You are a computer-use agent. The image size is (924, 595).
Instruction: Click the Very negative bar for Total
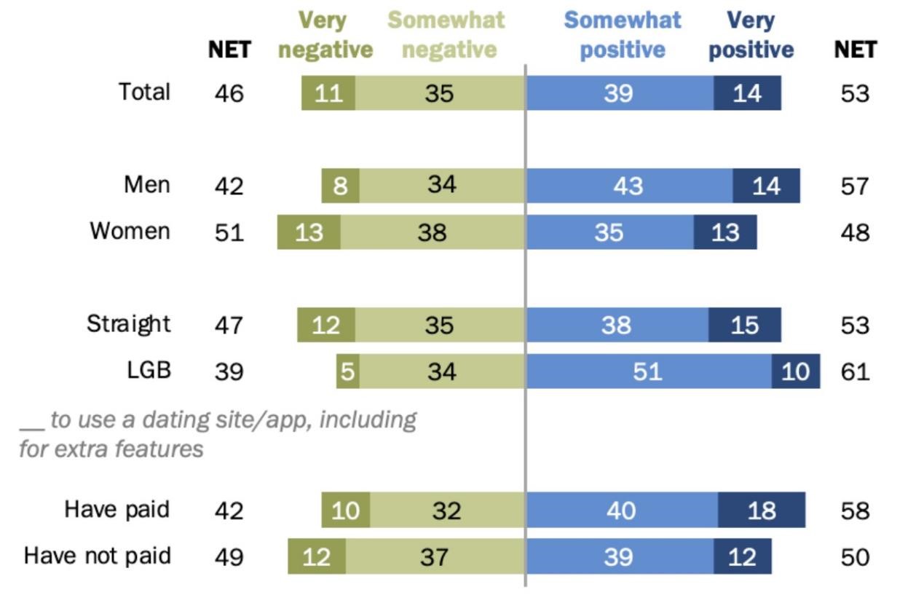[x=328, y=93]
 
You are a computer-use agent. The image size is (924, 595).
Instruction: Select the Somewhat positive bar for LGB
[x=648, y=371]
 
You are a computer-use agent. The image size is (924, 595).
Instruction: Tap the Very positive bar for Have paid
[x=761, y=510]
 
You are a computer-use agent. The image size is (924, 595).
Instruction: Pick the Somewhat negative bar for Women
[x=432, y=232]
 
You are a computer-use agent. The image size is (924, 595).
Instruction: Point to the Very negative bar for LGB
[x=347, y=371]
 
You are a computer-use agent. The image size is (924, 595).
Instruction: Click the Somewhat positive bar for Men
[x=628, y=186]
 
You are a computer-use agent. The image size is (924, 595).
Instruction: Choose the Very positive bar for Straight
[x=744, y=325]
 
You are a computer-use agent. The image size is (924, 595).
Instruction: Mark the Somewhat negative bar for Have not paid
[x=435, y=556]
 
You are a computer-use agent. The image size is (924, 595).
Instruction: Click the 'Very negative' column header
[x=325, y=35]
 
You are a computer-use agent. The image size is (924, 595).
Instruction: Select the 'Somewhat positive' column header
[x=623, y=35]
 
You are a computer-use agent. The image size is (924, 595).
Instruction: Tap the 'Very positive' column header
[x=751, y=35]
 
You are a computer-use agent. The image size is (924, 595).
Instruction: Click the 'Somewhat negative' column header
[x=446, y=35]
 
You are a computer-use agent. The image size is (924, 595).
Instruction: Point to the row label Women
[x=130, y=231]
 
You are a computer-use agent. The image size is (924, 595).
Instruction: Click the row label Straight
[x=129, y=323]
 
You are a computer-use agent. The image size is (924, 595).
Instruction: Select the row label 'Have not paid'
[x=98, y=556]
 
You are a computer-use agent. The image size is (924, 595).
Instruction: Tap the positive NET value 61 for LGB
[x=855, y=371]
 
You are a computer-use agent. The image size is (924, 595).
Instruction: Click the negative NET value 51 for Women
[x=229, y=232]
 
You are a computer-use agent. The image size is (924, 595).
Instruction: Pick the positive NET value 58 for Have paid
[x=855, y=511]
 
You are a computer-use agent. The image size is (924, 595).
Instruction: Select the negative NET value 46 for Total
[x=229, y=93]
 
